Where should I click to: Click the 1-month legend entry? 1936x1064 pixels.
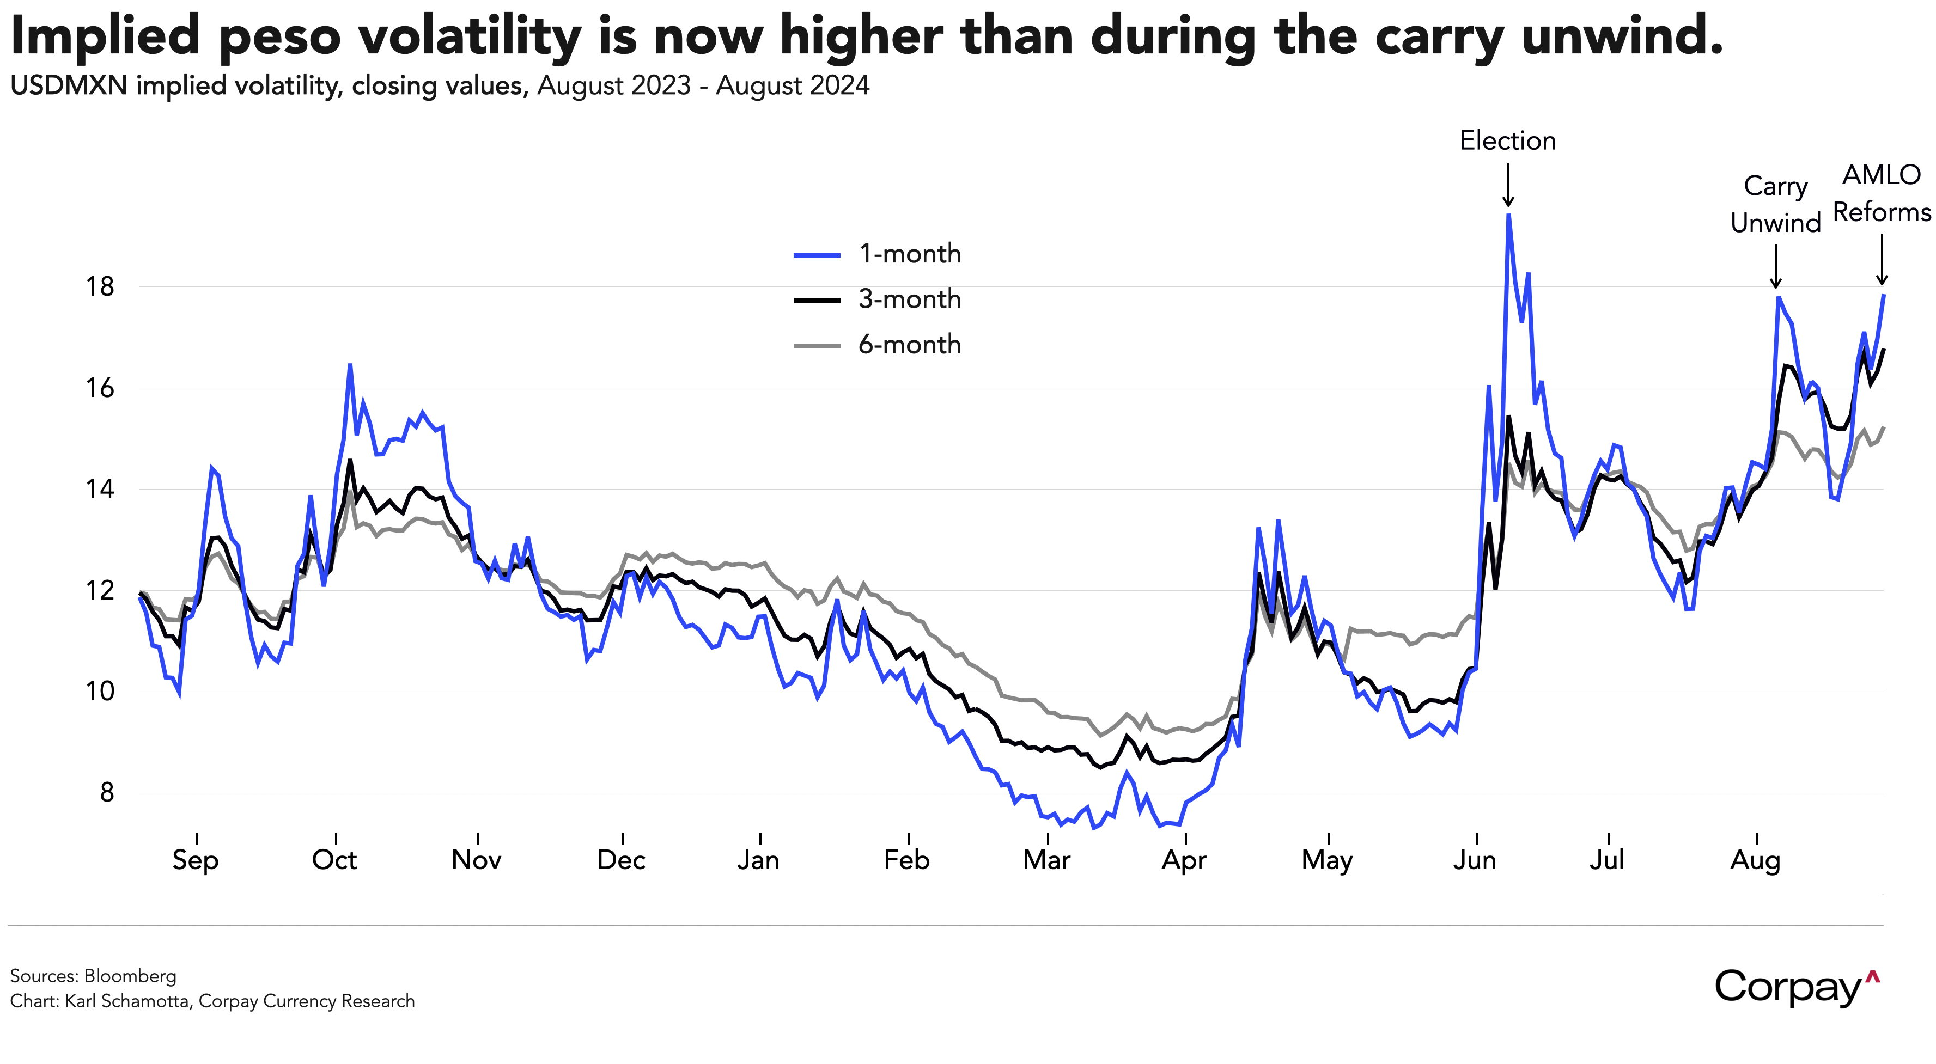point(909,254)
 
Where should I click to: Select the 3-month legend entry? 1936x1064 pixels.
point(909,299)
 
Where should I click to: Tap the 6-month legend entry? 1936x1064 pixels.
point(909,345)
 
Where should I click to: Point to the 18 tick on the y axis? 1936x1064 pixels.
point(100,286)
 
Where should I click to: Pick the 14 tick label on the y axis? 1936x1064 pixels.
point(100,489)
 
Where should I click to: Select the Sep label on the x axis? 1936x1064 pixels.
point(196,860)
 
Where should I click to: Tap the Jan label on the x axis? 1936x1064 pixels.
point(758,860)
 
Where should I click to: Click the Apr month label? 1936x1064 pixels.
point(1184,860)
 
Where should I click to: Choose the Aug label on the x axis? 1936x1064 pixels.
point(1756,860)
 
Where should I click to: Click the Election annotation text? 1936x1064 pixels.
point(1508,141)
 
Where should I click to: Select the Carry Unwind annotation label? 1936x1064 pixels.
point(1775,204)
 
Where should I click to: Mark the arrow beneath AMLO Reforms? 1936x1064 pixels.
point(1882,259)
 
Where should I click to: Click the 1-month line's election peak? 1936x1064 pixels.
point(1508,216)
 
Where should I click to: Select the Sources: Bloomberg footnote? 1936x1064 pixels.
point(93,976)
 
